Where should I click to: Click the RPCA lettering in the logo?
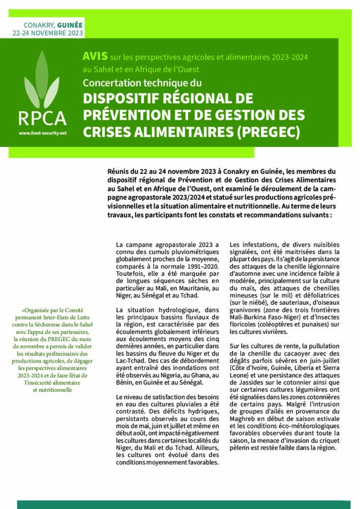tap(42, 119)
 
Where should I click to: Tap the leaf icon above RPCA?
tap(42, 80)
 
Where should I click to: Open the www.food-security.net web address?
tap(42, 133)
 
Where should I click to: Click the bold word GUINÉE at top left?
tap(70, 24)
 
